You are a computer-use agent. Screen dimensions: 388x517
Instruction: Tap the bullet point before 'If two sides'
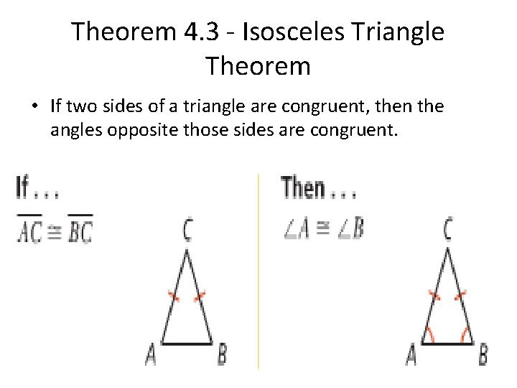(x=34, y=107)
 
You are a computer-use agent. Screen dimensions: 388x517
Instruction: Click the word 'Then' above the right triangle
(x=304, y=188)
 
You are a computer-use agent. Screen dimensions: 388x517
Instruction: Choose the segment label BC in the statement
(x=80, y=229)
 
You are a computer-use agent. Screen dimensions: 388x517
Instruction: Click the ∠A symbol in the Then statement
(x=298, y=228)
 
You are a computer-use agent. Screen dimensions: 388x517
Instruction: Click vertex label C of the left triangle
(x=187, y=231)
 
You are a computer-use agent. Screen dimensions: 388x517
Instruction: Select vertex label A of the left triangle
(x=151, y=354)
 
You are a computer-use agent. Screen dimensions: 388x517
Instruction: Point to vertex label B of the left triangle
(x=223, y=354)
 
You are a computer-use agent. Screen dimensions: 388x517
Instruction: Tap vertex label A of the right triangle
(x=411, y=355)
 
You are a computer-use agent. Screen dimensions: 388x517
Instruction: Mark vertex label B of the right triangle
(x=483, y=355)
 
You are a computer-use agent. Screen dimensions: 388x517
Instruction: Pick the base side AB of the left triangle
(x=187, y=343)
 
